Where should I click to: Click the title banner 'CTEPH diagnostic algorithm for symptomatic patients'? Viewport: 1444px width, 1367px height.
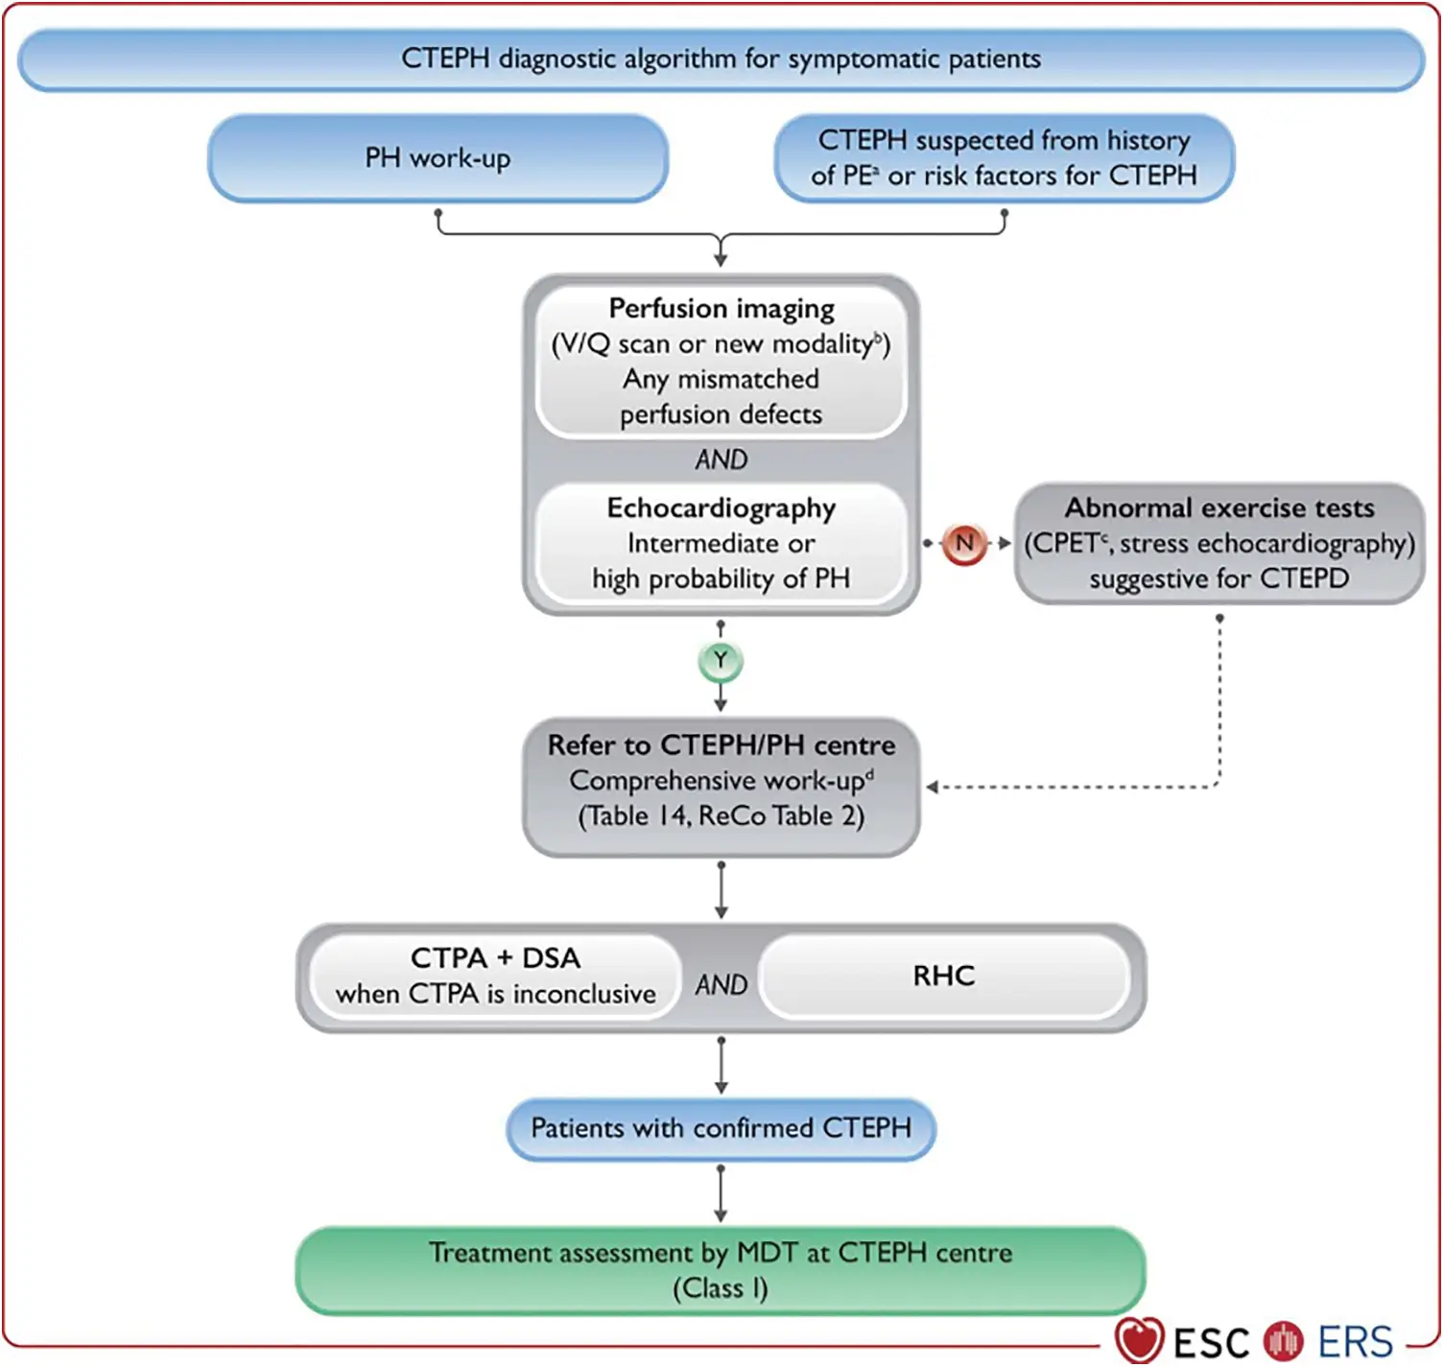(721, 59)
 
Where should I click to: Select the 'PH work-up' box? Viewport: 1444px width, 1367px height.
(438, 158)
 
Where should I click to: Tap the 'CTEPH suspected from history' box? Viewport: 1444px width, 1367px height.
(1004, 158)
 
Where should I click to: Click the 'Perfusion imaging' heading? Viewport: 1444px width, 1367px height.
(721, 309)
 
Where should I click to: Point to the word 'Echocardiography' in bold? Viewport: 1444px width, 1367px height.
(721, 508)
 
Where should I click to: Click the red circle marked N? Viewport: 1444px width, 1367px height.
(964, 543)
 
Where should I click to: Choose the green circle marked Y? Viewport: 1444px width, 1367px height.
(721, 661)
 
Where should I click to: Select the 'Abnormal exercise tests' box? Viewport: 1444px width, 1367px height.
(1219, 543)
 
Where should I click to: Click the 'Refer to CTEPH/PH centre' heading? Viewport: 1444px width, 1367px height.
(721, 745)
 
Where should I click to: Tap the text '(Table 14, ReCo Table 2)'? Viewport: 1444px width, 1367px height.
(721, 816)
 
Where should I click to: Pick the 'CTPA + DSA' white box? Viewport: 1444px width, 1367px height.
(495, 976)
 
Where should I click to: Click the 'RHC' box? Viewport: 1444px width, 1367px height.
(944, 976)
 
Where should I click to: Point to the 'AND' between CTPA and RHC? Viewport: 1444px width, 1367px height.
(721, 985)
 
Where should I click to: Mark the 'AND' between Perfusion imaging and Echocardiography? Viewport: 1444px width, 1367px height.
(721, 460)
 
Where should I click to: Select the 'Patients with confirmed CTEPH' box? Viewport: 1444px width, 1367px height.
(721, 1128)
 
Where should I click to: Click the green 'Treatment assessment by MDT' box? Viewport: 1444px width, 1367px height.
(721, 1269)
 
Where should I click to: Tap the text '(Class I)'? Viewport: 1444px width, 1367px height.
(721, 1288)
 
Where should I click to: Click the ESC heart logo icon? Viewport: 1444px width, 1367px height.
(1139, 1339)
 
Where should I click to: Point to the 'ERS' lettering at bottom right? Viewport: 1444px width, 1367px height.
(1355, 1342)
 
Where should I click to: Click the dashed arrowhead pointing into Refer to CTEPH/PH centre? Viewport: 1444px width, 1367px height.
(932, 788)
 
